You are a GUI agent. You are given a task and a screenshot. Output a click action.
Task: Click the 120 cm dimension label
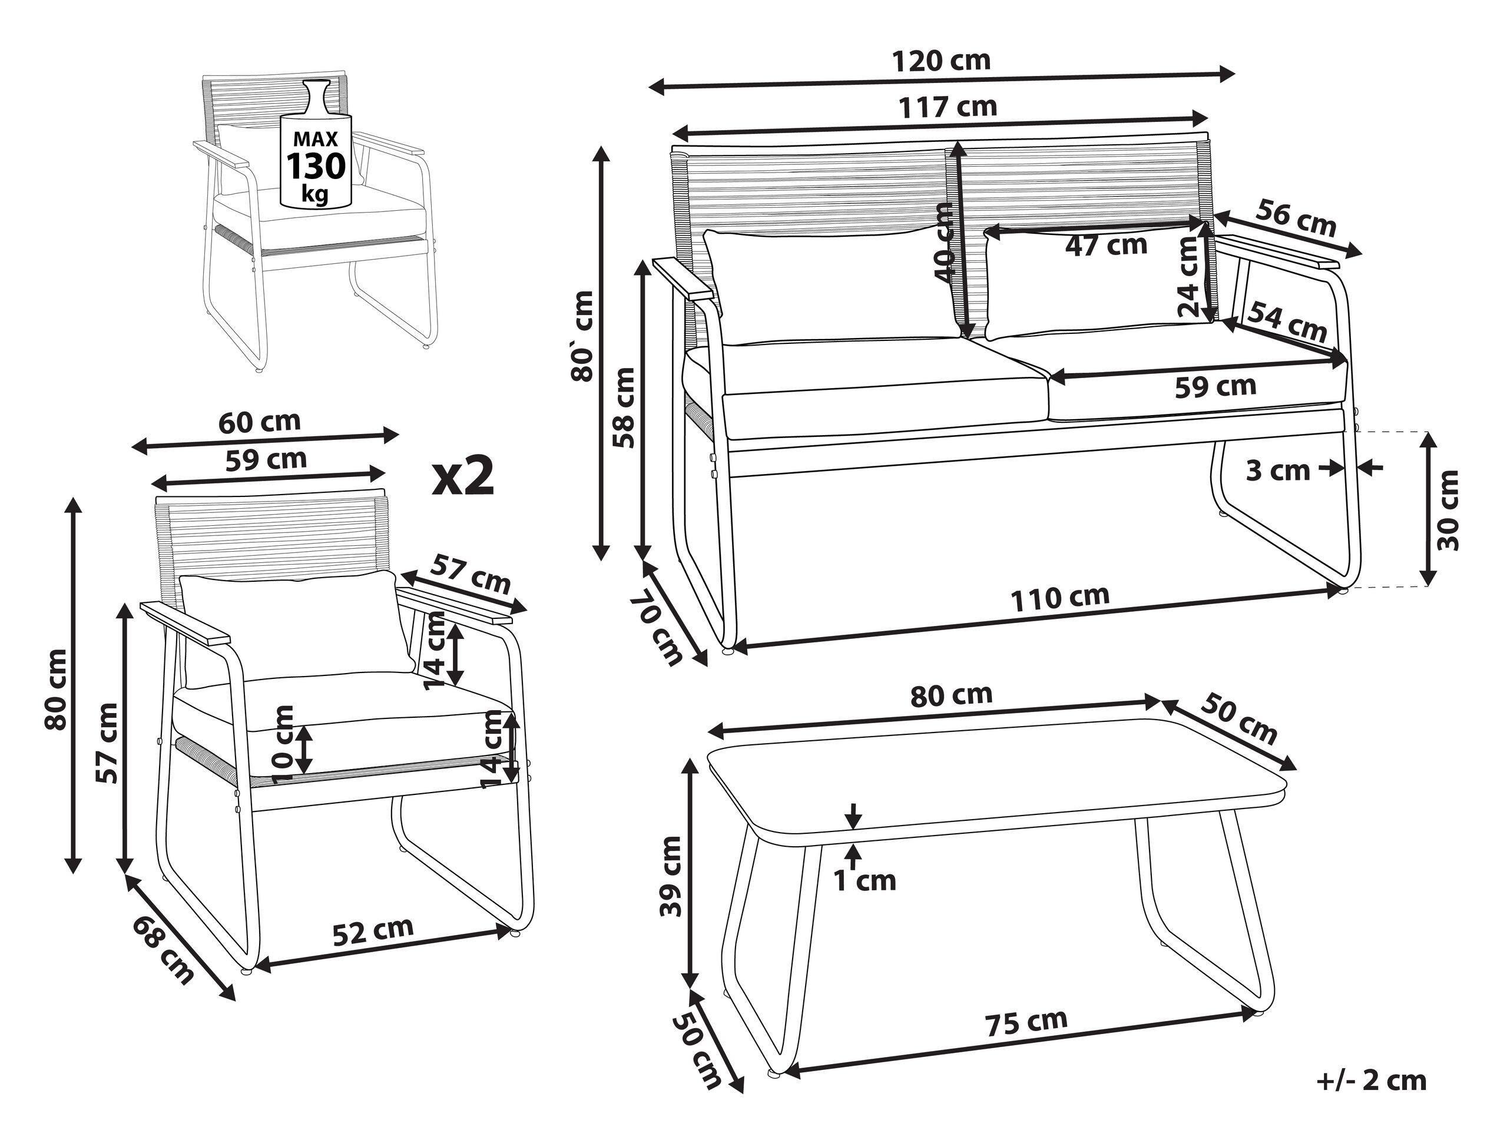coord(941,61)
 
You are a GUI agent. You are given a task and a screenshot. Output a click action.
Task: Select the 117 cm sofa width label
coord(947,107)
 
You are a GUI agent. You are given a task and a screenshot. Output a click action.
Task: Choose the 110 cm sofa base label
coord(1059,598)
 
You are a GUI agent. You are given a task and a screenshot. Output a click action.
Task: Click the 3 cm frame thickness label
coord(1277,470)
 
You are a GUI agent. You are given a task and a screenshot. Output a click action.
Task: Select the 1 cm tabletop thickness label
coord(865,881)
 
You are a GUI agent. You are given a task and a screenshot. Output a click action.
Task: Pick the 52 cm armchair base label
coord(373,930)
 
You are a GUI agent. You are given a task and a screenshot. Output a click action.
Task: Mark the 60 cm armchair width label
coord(259,422)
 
